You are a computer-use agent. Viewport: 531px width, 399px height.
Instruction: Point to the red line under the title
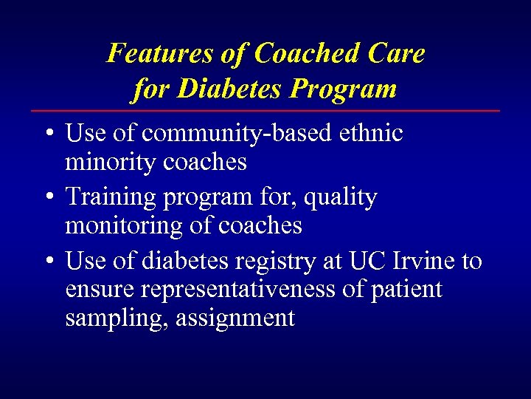[x=265, y=111]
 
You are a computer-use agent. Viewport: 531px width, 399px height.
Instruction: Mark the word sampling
[x=103, y=318]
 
